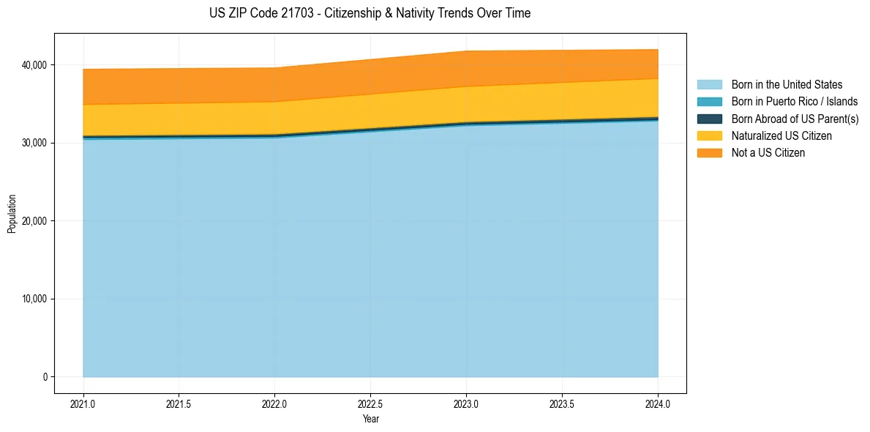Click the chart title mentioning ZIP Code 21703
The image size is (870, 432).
click(370, 13)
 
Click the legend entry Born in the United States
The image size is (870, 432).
click(787, 85)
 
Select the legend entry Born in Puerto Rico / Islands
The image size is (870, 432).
click(795, 102)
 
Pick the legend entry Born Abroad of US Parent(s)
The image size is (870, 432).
click(795, 119)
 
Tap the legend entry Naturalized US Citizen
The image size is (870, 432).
click(781, 136)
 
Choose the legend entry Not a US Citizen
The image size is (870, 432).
click(768, 153)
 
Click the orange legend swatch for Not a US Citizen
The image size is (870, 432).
click(709, 153)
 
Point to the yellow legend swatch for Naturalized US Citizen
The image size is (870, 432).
click(709, 136)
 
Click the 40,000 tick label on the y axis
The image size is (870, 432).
click(34, 65)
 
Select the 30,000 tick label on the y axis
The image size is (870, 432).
click(34, 143)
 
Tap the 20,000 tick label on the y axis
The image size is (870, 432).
click(34, 221)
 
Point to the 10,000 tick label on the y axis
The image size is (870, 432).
click(34, 299)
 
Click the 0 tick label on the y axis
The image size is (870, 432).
click(44, 377)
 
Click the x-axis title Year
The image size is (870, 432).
click(371, 420)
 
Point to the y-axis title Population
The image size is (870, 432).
click(12, 214)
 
